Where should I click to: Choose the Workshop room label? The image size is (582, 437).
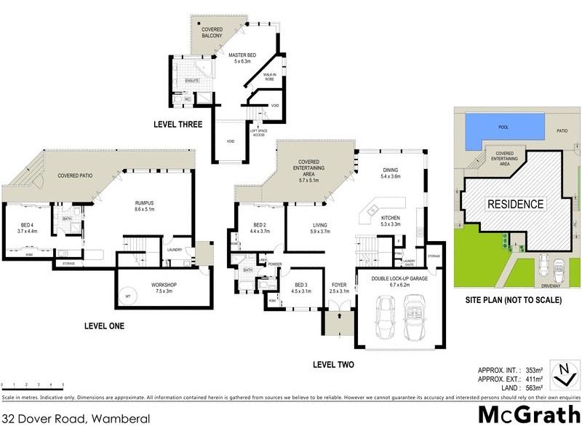click(164, 285)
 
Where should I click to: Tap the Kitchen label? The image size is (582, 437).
click(391, 218)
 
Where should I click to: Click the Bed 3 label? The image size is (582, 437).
click(300, 286)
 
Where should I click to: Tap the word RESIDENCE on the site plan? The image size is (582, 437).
click(514, 204)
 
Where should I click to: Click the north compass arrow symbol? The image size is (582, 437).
click(562, 372)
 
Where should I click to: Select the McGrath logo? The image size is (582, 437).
click(527, 415)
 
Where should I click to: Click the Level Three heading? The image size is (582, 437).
click(178, 125)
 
